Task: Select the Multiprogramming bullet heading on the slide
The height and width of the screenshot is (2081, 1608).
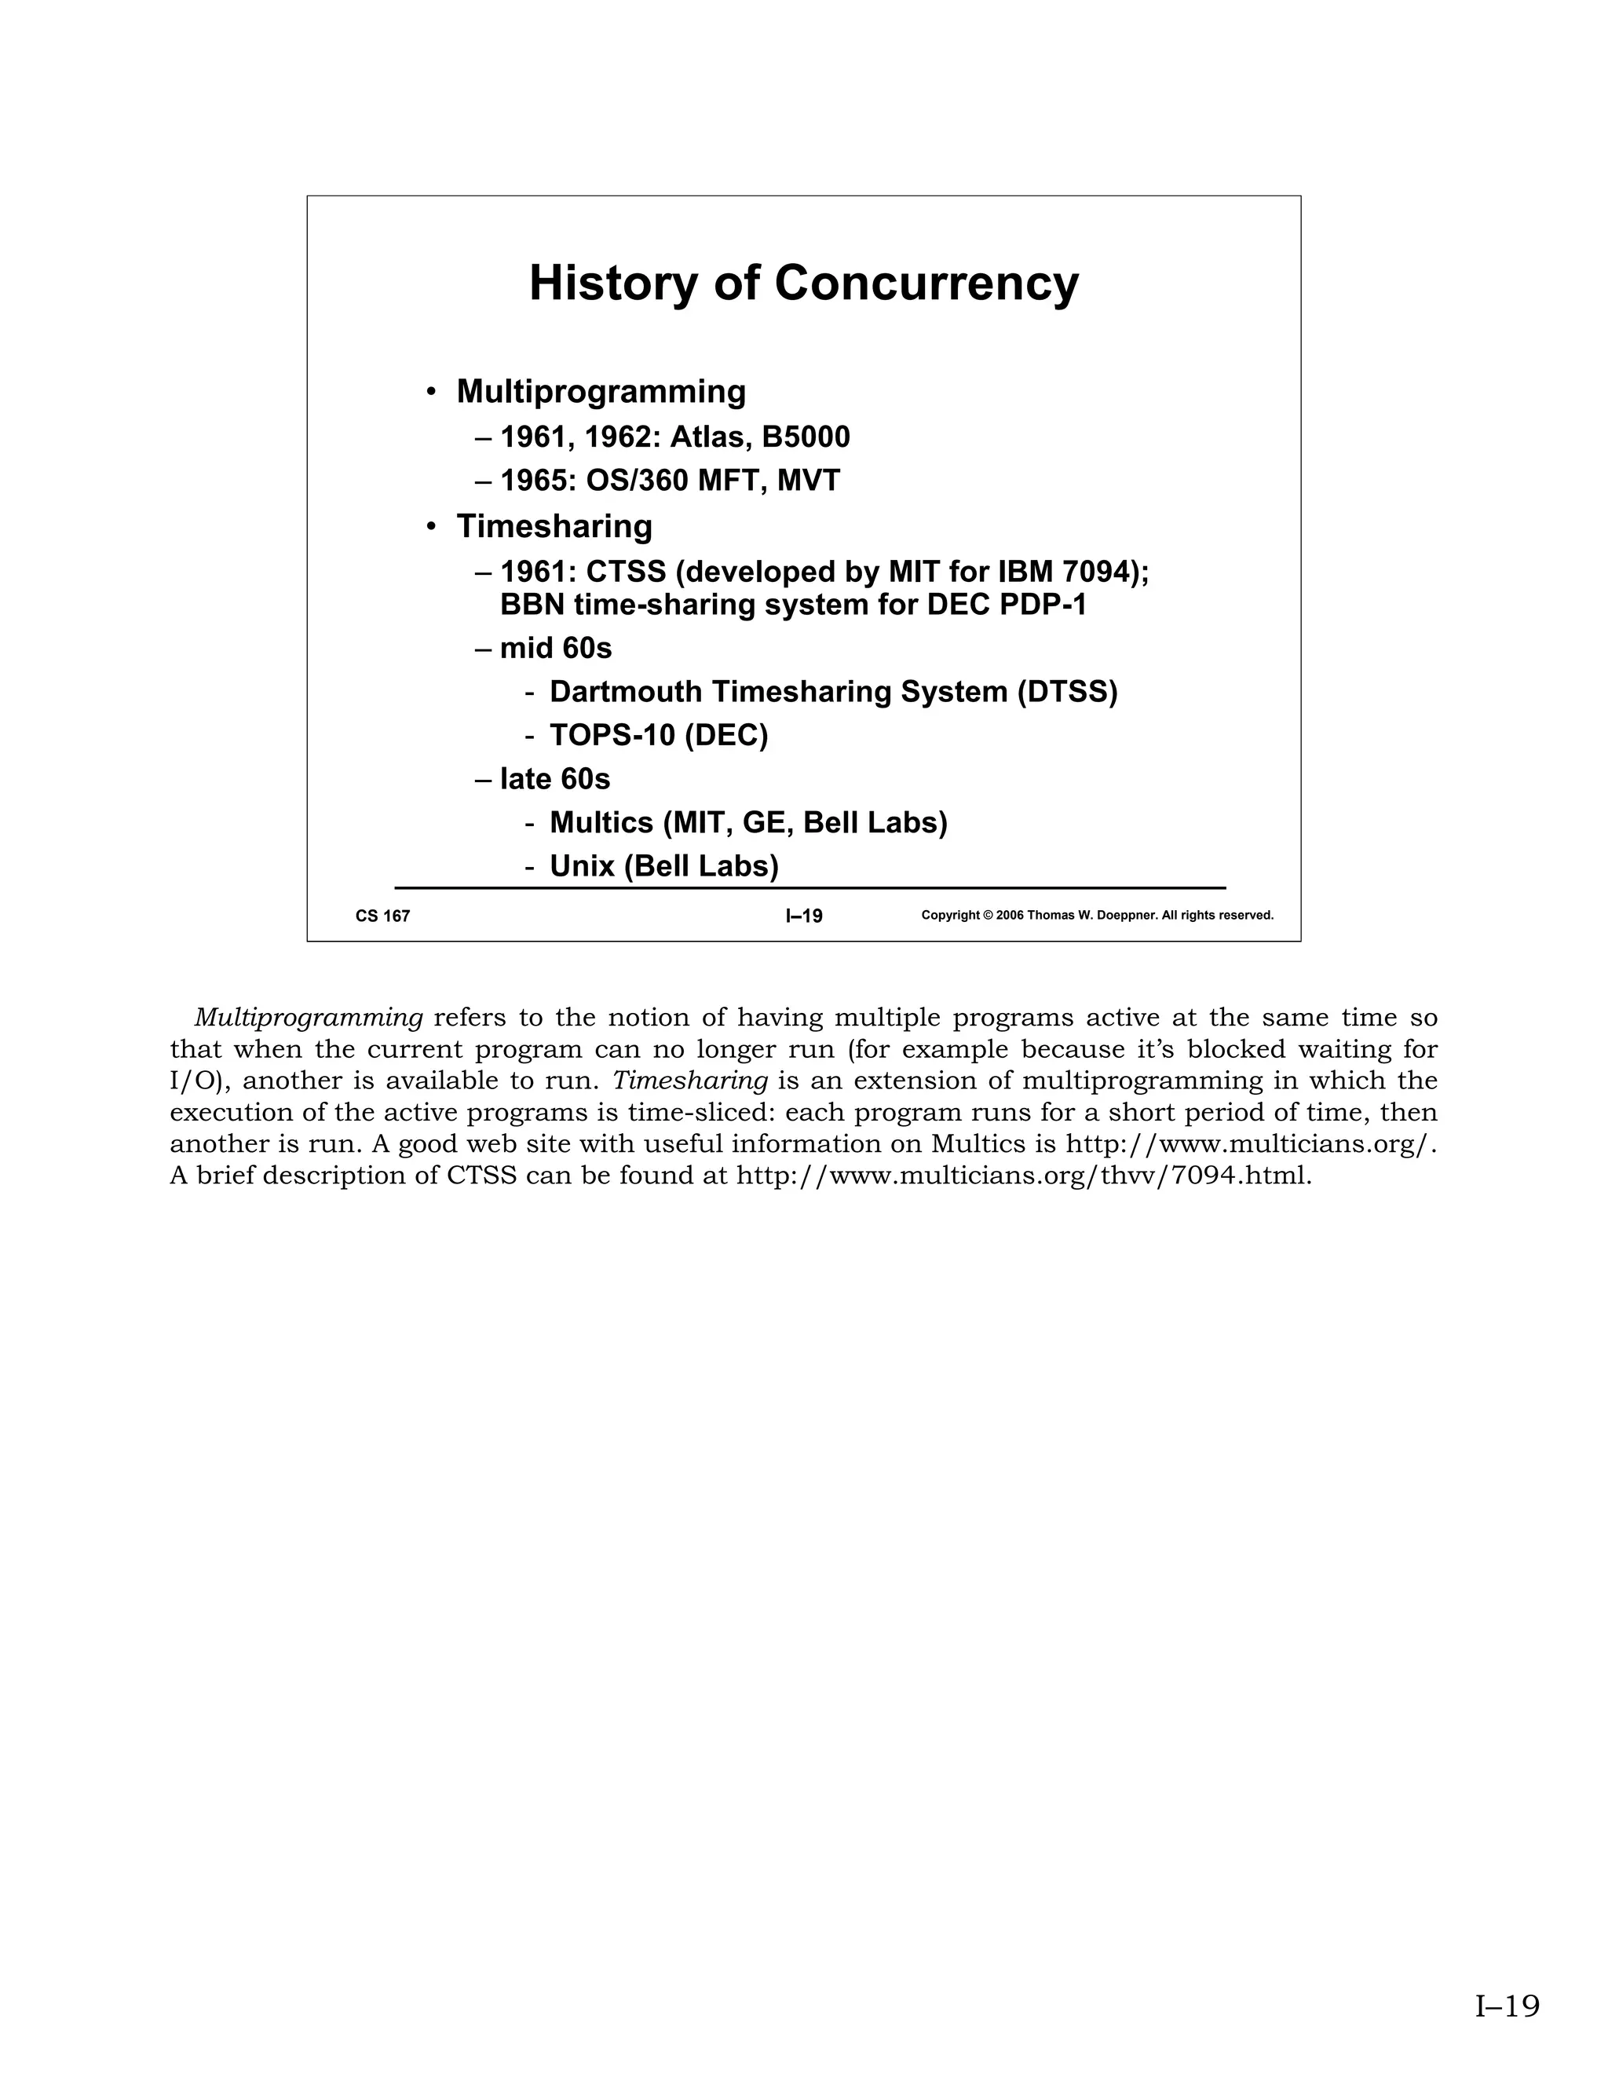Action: pos(601,392)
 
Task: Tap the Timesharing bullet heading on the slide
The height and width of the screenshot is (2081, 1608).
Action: pos(554,526)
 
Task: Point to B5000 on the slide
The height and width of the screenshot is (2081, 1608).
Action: pos(806,437)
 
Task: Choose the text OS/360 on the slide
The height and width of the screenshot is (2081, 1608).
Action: pos(638,481)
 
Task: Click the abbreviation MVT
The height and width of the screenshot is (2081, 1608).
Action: pos(809,481)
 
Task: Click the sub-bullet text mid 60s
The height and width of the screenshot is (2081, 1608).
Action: pos(555,648)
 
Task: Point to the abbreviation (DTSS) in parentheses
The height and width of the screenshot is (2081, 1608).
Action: pos(1067,692)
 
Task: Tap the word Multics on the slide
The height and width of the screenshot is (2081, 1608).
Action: pos(602,822)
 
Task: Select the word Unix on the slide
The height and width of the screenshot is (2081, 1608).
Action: pos(582,866)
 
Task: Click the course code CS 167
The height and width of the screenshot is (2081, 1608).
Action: pos(383,916)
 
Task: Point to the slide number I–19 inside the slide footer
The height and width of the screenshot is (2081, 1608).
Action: pos(804,916)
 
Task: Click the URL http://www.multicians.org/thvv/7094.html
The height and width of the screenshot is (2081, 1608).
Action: pos(1024,1176)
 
